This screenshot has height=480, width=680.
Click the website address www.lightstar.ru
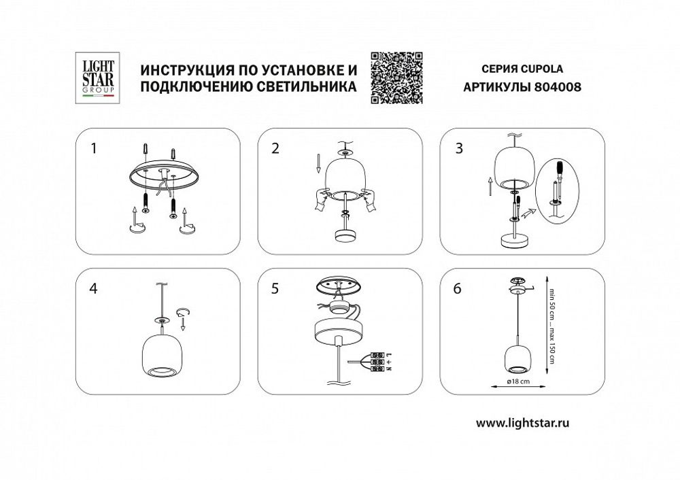(522, 422)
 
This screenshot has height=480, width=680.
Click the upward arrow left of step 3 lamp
(489, 184)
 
